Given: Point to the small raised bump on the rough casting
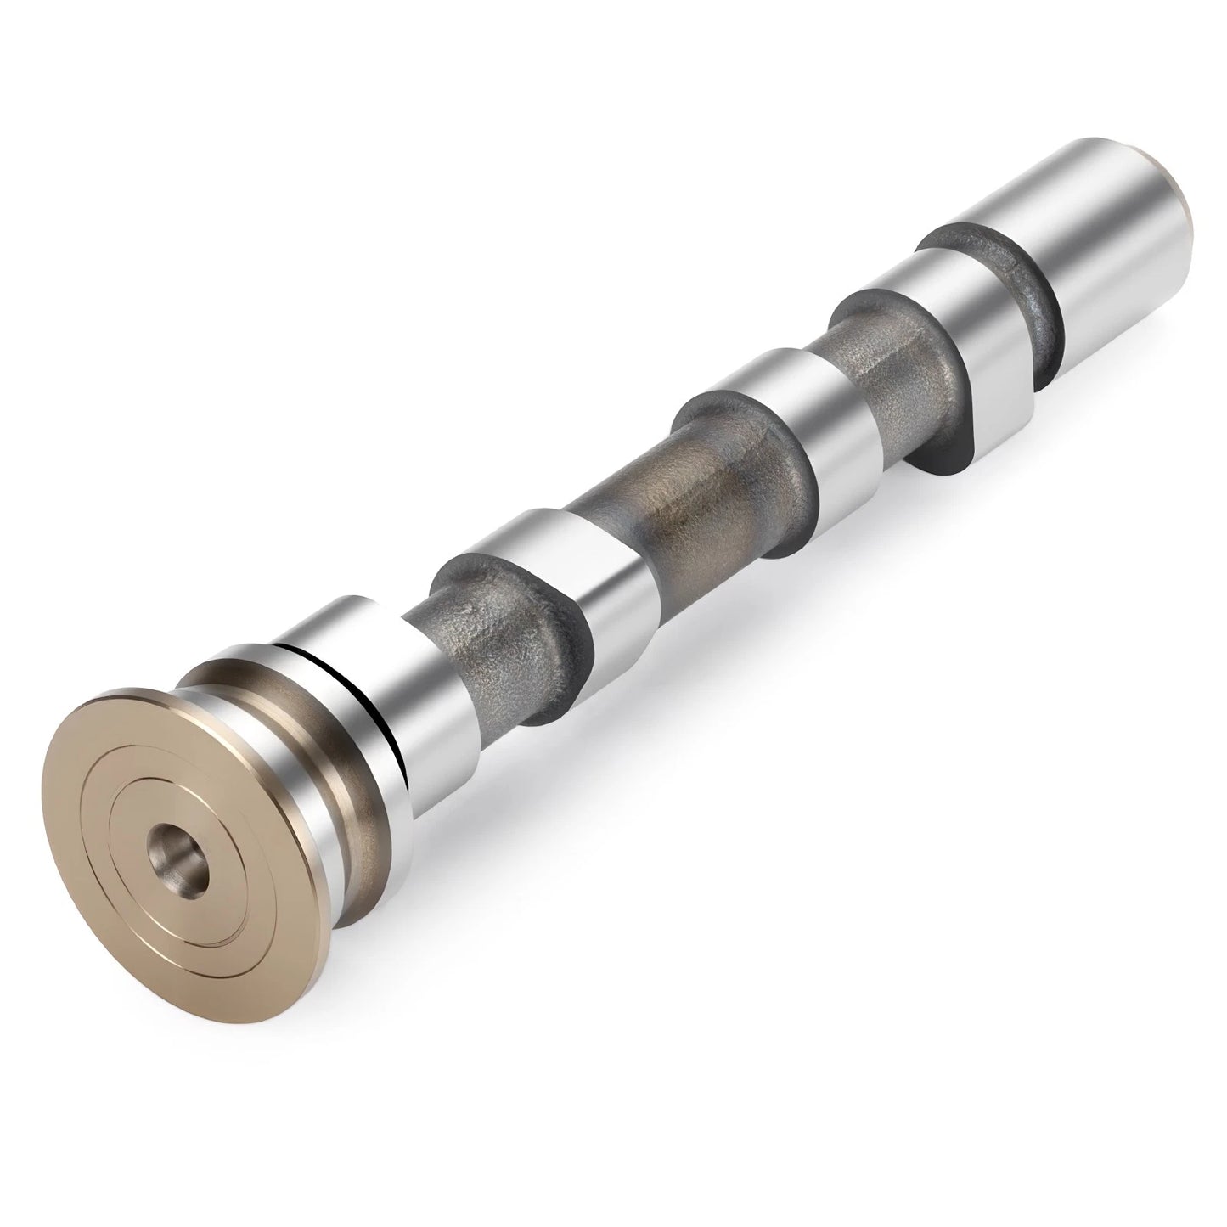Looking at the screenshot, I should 464,609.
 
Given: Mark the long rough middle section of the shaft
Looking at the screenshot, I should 679,501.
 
